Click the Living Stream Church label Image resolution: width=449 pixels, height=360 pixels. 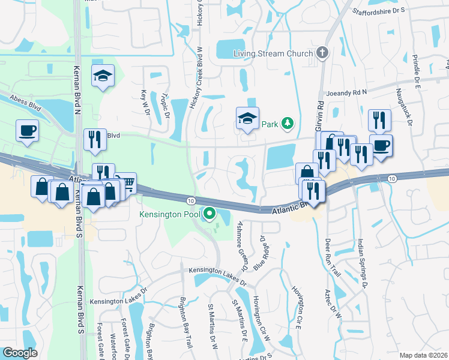[x=273, y=53]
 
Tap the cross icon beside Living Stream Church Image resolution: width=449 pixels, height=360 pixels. [x=322, y=53]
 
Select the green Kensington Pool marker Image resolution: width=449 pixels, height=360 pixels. [x=209, y=213]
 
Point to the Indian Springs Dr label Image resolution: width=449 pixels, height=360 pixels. [x=362, y=264]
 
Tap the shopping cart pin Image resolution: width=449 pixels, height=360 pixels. [x=127, y=181]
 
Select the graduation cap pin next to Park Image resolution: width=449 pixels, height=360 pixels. [x=247, y=119]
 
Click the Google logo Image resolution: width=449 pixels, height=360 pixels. [x=20, y=353]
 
